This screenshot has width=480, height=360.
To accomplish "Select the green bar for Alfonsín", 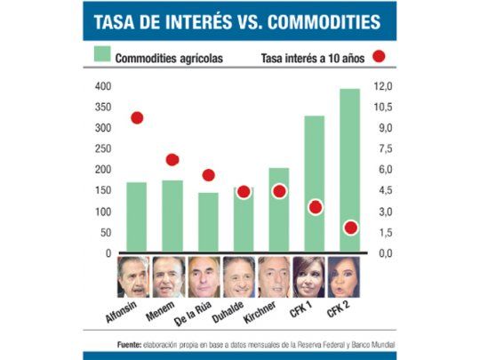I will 136,218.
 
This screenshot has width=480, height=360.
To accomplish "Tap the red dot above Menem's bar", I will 172,160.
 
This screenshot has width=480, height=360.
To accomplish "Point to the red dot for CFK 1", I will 315,207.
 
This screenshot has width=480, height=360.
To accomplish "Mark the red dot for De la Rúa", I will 208,175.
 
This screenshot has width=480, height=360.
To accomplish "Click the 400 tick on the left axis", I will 103,86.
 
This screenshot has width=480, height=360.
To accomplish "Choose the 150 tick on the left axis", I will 103,191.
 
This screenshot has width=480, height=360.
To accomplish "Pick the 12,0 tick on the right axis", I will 381,86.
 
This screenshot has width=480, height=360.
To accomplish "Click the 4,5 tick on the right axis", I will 381,191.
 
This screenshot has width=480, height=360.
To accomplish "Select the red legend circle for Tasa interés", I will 378,57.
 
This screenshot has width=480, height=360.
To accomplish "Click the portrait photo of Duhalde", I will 239,276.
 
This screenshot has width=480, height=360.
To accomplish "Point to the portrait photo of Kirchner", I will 274,276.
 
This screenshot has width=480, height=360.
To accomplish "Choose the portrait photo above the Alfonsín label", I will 133,276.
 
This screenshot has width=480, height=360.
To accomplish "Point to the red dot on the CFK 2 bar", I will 350,228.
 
